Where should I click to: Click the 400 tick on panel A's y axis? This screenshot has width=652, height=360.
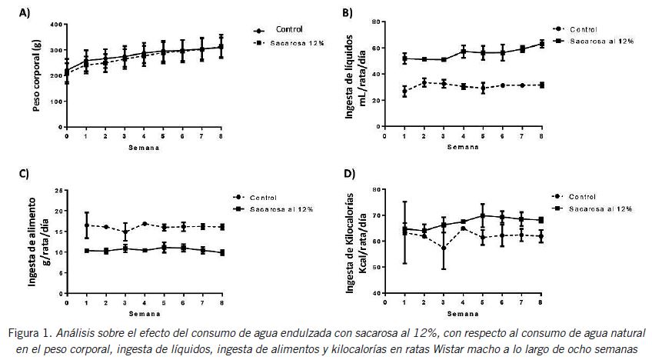[x=56, y=25]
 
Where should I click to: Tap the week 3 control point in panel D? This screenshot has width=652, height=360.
[x=443, y=248]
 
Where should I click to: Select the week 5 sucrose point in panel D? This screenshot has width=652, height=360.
[x=482, y=215]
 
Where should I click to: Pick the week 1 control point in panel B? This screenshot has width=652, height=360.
[x=404, y=92]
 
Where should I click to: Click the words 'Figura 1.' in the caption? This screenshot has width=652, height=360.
[x=28, y=333]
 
